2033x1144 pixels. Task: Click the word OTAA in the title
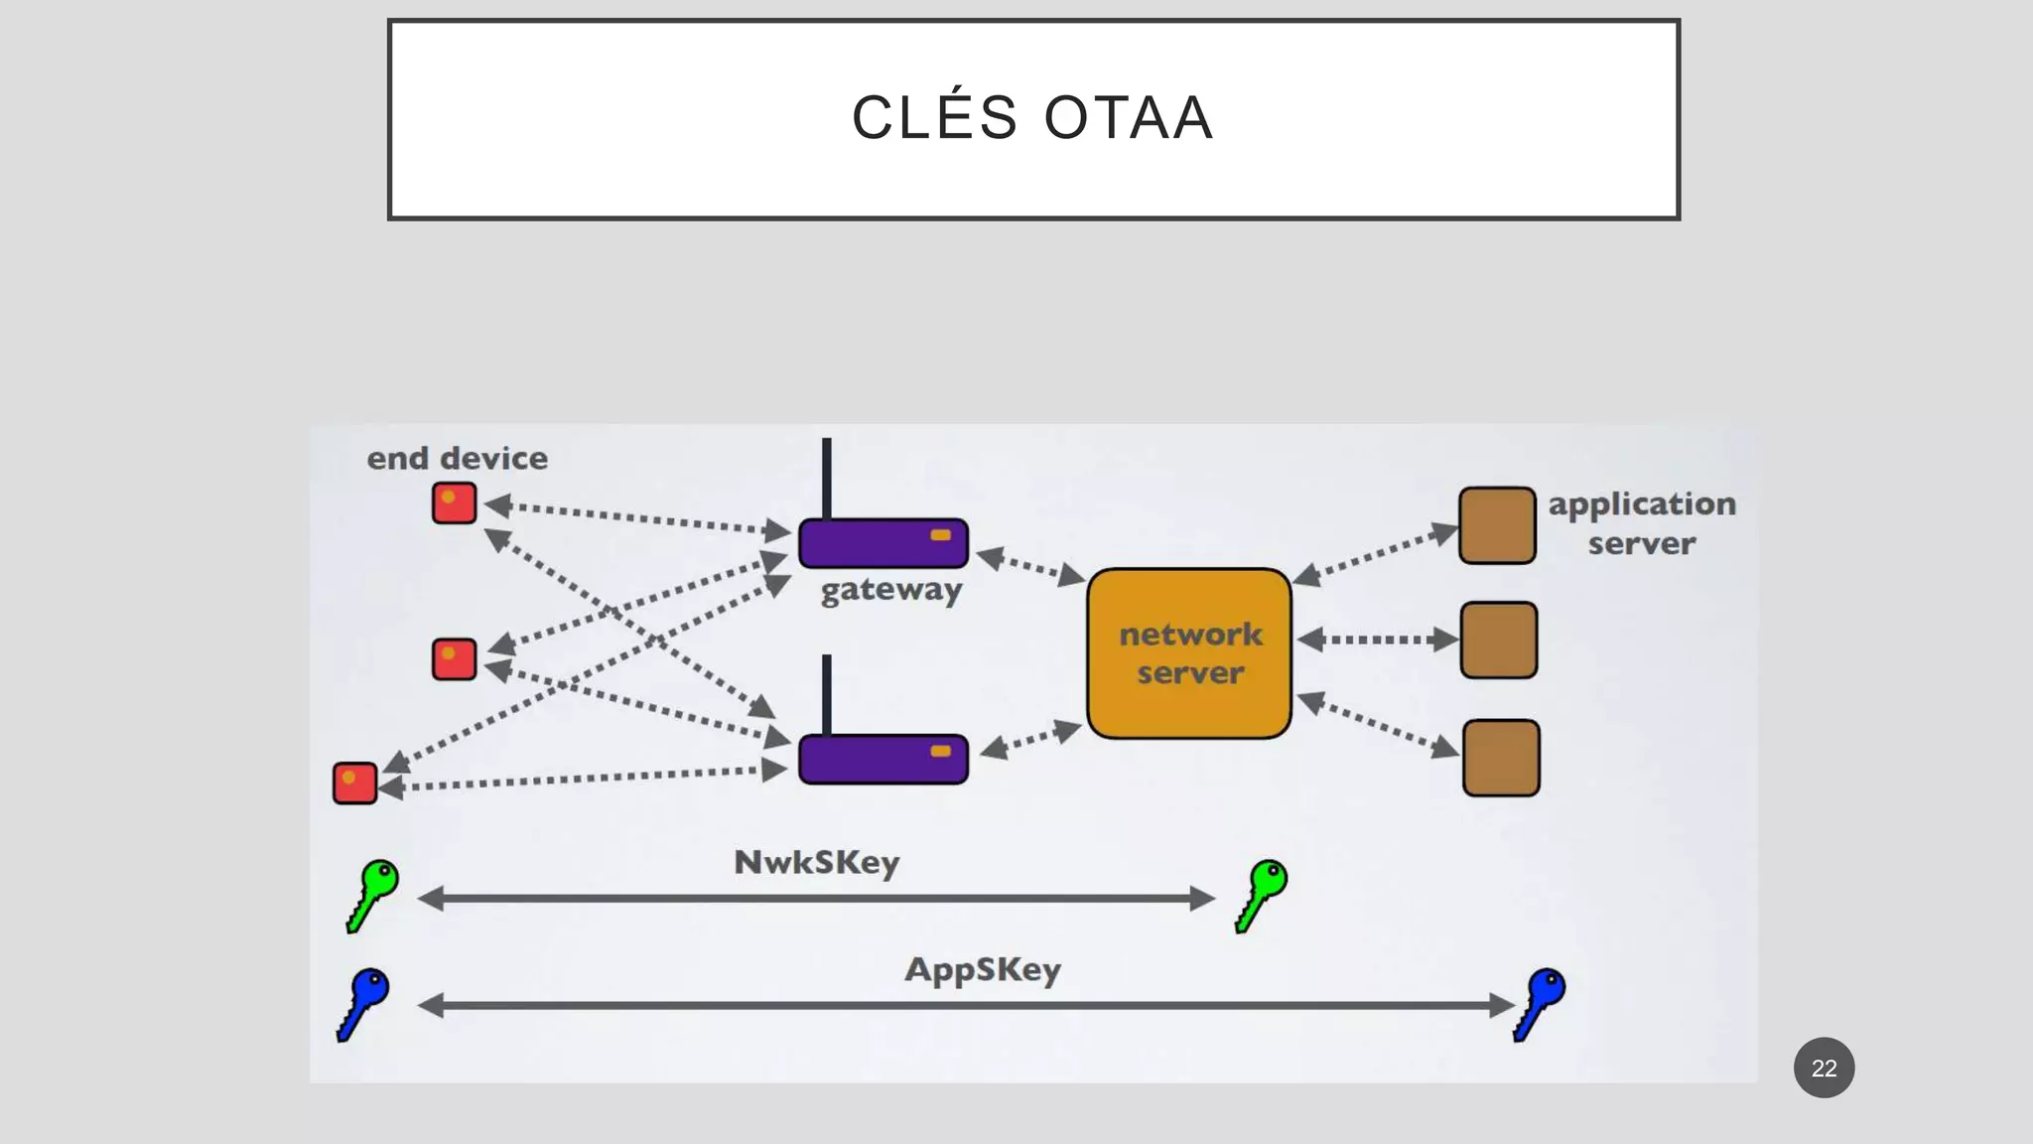click(1129, 118)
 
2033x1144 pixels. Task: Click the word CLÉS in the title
click(935, 118)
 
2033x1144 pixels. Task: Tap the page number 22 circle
click(1824, 1068)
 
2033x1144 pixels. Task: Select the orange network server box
click(1189, 653)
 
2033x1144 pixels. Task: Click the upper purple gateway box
click(882, 543)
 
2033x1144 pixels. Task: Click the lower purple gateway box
click(882, 760)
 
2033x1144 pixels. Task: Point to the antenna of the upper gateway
click(827, 477)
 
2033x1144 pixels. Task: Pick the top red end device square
click(454, 502)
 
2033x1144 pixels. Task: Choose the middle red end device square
click(454, 659)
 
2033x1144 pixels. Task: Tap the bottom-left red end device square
click(354, 783)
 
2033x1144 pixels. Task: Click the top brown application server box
click(1497, 525)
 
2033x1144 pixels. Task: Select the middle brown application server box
click(1499, 641)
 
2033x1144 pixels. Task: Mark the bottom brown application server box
click(1501, 758)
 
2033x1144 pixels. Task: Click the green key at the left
click(373, 894)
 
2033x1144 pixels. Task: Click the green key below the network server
click(1262, 894)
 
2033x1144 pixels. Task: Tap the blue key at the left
click(364, 1003)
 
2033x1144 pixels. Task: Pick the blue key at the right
click(1540, 1003)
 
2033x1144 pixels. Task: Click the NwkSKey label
click(816, 862)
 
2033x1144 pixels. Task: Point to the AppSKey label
click(982, 969)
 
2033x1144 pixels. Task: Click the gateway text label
click(890, 590)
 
